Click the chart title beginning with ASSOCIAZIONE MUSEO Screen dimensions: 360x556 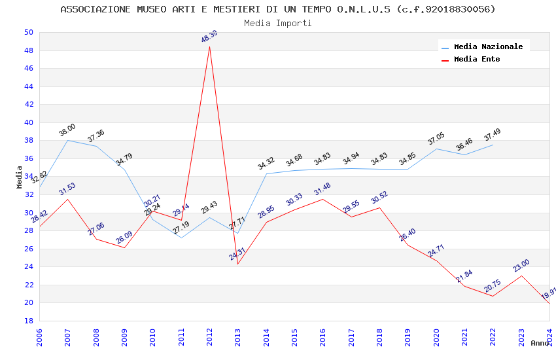coord(278,9)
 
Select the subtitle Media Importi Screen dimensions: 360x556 coord(278,23)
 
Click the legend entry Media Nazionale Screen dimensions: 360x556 coord(488,46)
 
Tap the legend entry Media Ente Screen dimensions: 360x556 coord(477,59)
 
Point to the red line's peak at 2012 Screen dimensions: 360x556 coord(209,46)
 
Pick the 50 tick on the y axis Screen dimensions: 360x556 coord(28,32)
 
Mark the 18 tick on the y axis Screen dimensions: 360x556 coord(28,321)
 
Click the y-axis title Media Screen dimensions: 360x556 coord(20,177)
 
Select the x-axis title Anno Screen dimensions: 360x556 coord(540,343)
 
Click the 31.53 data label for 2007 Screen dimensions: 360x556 coord(67,190)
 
